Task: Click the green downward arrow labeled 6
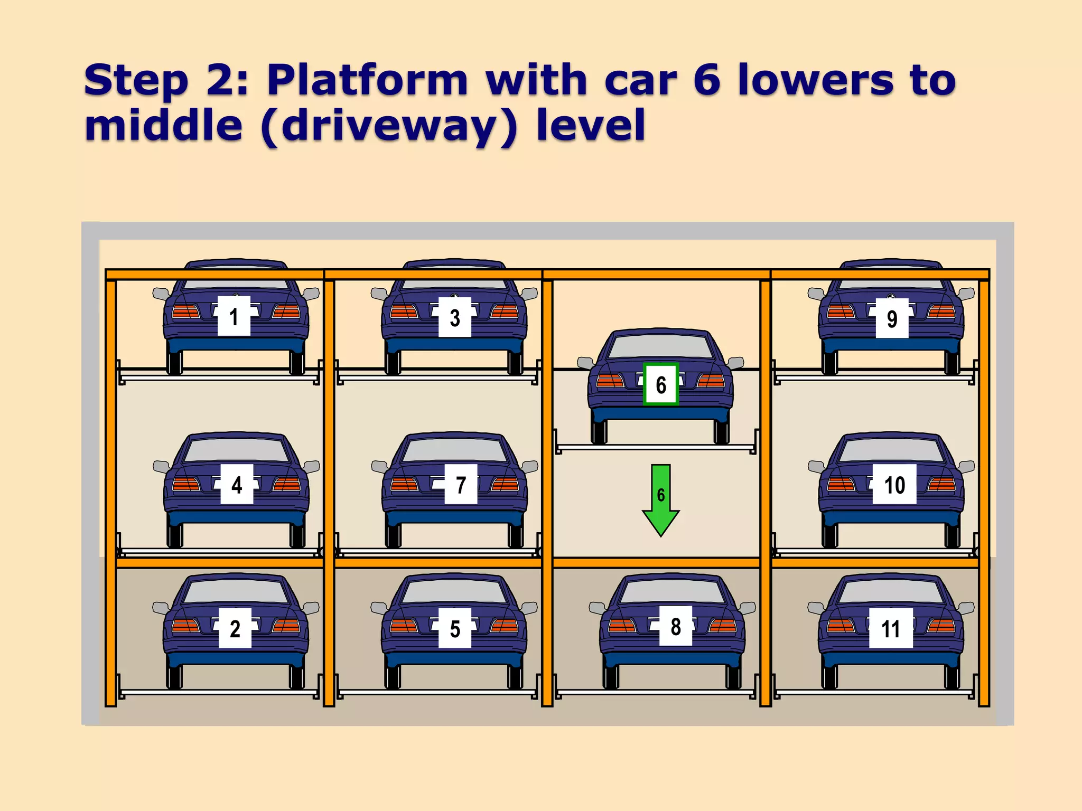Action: pyautogui.click(x=660, y=499)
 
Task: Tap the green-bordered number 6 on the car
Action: pyautogui.click(x=661, y=384)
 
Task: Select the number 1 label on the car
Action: pyautogui.click(x=234, y=316)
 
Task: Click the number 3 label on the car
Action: pyautogui.click(x=454, y=317)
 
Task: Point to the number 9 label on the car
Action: pyautogui.click(x=892, y=318)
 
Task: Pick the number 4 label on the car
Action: pyautogui.click(x=237, y=484)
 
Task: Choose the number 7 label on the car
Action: pyautogui.click(x=461, y=484)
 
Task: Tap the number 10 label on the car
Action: pyautogui.click(x=894, y=484)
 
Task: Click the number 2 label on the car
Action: pyautogui.click(x=235, y=628)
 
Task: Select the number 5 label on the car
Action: pyautogui.click(x=454, y=628)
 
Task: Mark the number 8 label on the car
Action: pyautogui.click(x=676, y=626)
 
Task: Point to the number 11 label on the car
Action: pyautogui.click(x=891, y=628)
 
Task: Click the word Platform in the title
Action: pyautogui.click(x=367, y=80)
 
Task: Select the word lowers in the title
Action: pyautogui.click(x=816, y=80)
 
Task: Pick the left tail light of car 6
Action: pyautogui.click(x=610, y=380)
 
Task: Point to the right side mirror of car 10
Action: pyautogui.click(x=966, y=466)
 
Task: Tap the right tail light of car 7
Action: pyautogui.click(x=505, y=484)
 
